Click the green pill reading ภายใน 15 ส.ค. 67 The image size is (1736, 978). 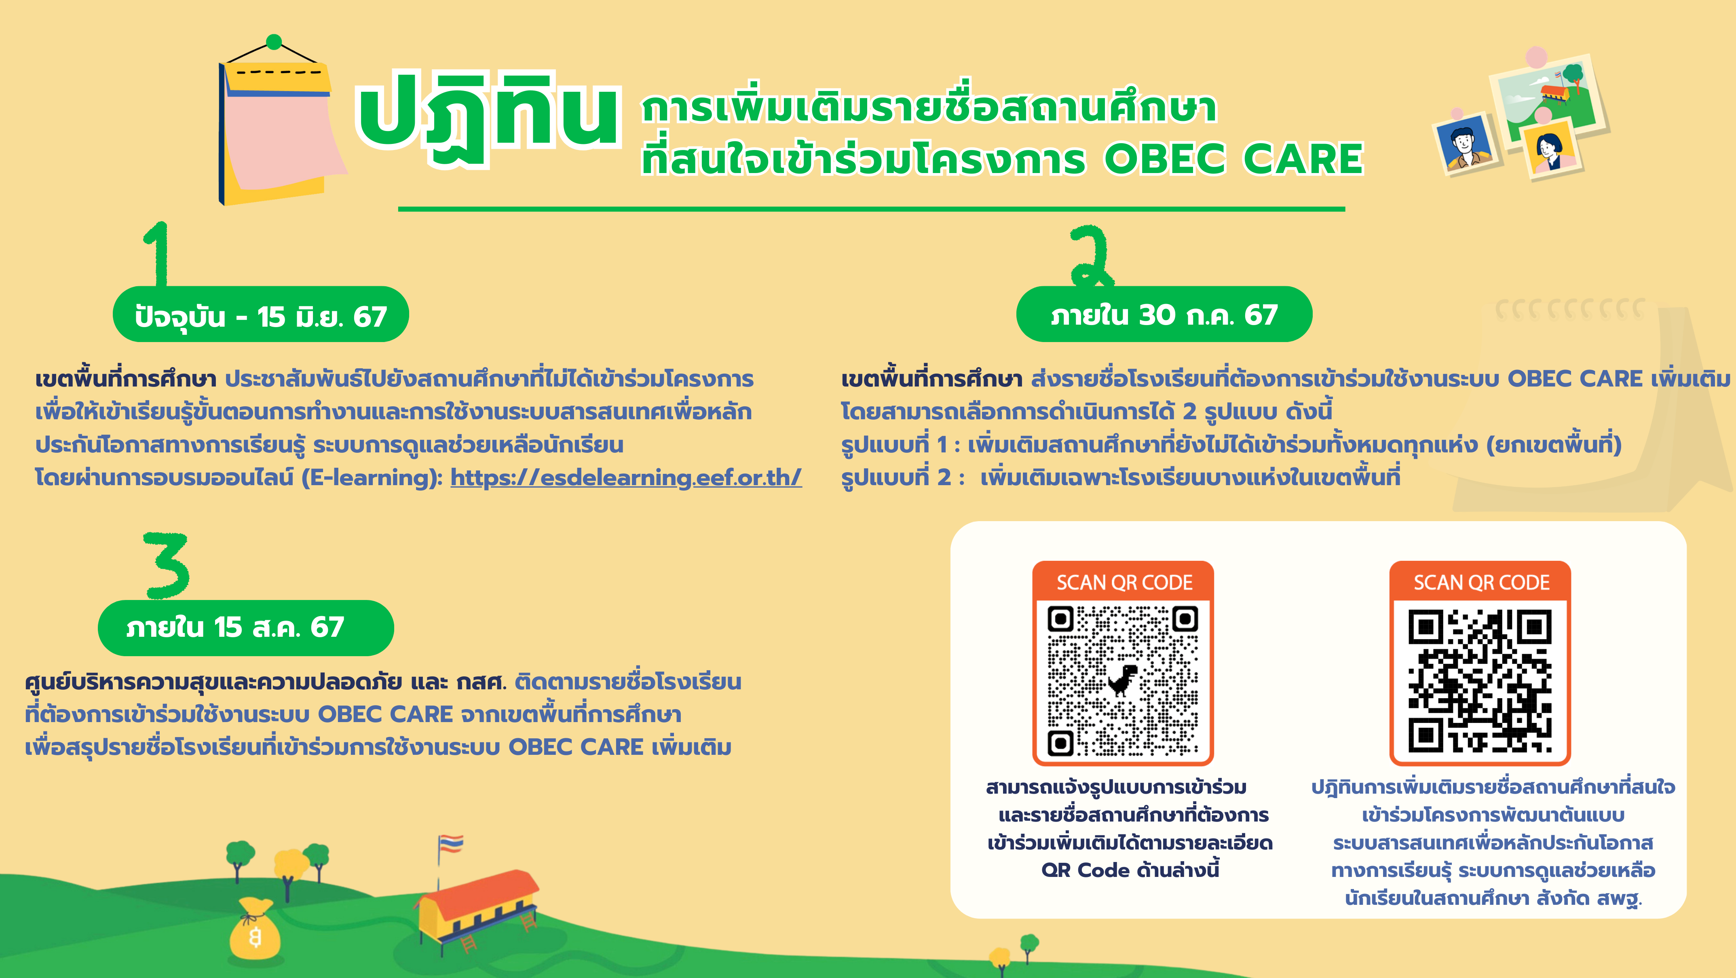[x=245, y=627]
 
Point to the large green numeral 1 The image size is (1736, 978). [x=157, y=255]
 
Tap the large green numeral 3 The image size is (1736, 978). [x=167, y=565]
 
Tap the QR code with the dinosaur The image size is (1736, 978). [x=1123, y=681]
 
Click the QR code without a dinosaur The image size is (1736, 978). [x=1480, y=681]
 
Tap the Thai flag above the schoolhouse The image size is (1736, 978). [x=450, y=844]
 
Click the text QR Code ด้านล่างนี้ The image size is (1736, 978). [x=1130, y=870]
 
